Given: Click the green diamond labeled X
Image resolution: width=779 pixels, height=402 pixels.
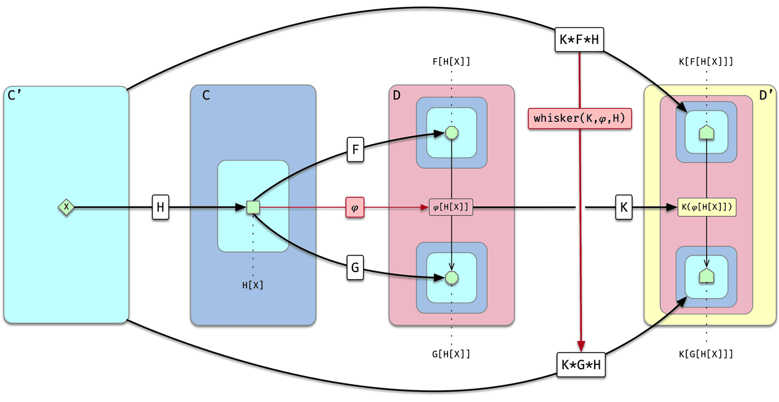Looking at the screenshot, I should [x=66, y=207].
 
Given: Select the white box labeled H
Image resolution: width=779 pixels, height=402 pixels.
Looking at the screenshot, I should [x=160, y=207].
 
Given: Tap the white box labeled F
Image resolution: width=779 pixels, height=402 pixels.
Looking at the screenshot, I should [x=355, y=150].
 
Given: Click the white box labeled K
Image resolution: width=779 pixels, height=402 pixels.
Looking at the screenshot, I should [x=624, y=208].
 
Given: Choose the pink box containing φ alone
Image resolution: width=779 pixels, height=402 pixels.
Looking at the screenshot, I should [x=355, y=208].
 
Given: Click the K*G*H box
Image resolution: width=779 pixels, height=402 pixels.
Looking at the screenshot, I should [x=580, y=365].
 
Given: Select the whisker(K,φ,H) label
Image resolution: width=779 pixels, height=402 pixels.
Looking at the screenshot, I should [x=580, y=118].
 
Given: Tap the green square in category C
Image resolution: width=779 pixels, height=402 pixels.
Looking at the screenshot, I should [x=252, y=207].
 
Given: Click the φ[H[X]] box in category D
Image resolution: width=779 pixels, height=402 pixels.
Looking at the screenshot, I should [x=451, y=208].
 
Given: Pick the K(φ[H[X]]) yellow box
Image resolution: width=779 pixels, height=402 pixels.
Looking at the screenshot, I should [x=707, y=208].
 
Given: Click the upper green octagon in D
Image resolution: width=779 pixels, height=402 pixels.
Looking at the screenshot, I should [x=452, y=132].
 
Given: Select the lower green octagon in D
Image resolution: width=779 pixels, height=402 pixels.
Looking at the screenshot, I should [x=452, y=278].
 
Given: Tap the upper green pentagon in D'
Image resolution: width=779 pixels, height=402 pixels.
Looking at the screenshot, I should [x=707, y=132].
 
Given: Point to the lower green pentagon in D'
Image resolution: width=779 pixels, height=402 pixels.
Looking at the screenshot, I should [x=707, y=276].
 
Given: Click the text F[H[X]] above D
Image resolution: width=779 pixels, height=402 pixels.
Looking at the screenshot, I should [x=451, y=62].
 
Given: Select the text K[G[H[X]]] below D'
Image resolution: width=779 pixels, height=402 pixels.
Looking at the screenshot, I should [x=706, y=354].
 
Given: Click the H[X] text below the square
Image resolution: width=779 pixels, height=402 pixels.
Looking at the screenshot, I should [x=252, y=285].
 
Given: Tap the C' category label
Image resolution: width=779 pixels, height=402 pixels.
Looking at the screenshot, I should [x=15, y=96].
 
